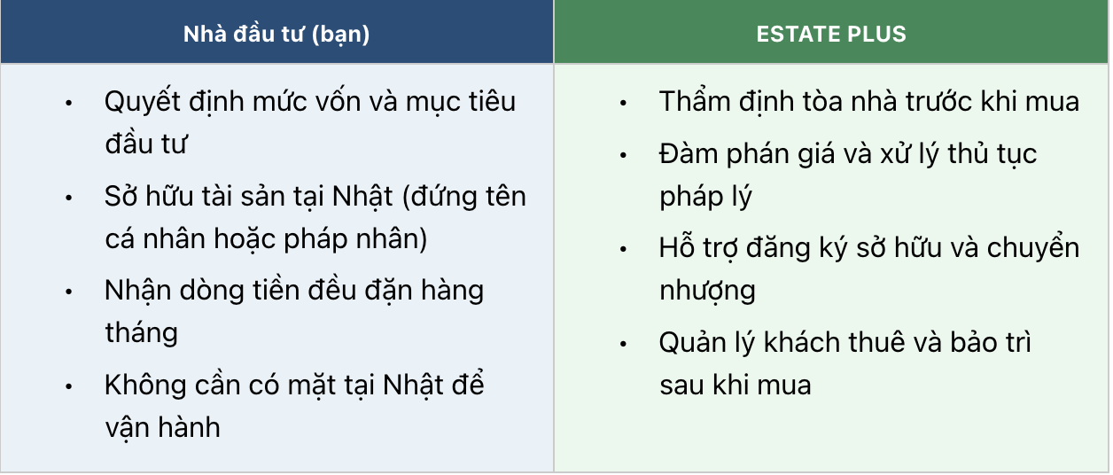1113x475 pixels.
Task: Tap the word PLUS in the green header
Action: (876, 35)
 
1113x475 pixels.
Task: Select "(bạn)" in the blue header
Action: (340, 35)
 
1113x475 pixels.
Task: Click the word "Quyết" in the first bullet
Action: (143, 102)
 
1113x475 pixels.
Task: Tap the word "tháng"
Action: (142, 334)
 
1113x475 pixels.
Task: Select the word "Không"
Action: (145, 385)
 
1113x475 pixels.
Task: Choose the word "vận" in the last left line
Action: (126, 428)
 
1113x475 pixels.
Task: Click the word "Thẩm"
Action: (695, 102)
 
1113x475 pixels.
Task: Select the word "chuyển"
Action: (1033, 248)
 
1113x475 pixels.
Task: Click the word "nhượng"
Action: (707, 292)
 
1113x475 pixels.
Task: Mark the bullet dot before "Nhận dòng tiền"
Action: (69, 292)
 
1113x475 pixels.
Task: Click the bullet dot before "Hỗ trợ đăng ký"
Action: (624, 249)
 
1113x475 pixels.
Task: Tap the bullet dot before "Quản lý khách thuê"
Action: (624, 343)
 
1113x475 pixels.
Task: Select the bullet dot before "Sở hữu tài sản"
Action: (69, 198)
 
